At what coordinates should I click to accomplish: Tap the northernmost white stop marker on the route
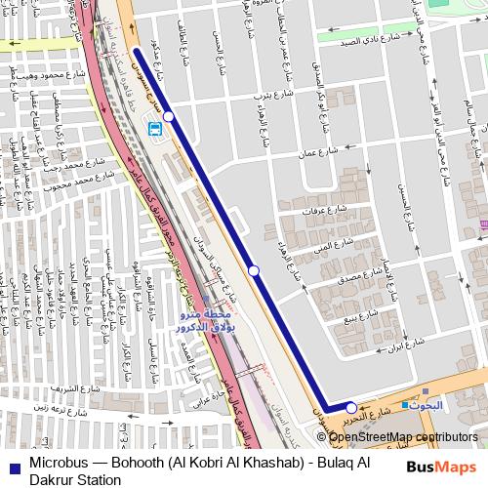[169, 116]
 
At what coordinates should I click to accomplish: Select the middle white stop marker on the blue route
[254, 269]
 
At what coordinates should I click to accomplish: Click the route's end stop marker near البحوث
[351, 408]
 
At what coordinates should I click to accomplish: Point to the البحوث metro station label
[427, 404]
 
